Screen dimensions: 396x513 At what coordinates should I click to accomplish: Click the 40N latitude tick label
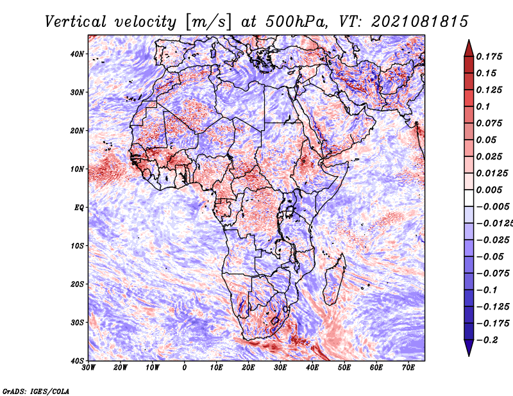click(77, 54)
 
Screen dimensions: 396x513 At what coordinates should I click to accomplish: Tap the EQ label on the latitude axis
click(78, 207)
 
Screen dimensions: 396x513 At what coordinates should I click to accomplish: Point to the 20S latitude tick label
click(77, 284)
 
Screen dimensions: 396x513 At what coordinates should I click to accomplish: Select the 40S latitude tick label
click(77, 360)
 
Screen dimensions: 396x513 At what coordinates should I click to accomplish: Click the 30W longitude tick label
click(89, 368)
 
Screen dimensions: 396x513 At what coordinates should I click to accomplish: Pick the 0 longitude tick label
click(185, 368)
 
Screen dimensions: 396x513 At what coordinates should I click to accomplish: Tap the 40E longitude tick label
click(312, 368)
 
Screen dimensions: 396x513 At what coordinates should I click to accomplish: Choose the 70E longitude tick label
click(408, 368)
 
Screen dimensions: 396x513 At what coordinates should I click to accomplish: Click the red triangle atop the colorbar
click(469, 47)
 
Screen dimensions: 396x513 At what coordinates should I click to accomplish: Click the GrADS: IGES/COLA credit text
click(36, 390)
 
